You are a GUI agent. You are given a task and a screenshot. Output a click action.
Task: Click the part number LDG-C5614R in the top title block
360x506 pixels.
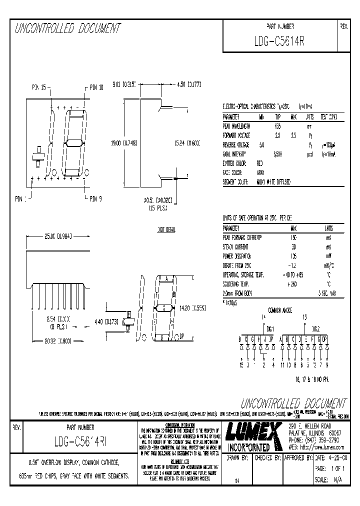(x=279, y=42)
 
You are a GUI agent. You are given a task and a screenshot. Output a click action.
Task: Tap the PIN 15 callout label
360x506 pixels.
(x=39, y=87)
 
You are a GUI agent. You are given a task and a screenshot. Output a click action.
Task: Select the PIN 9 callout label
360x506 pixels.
(x=95, y=199)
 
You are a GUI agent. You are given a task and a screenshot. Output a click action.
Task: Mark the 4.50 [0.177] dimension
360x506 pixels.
(x=189, y=85)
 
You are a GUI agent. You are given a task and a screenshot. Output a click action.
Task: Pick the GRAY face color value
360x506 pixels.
(x=260, y=172)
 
